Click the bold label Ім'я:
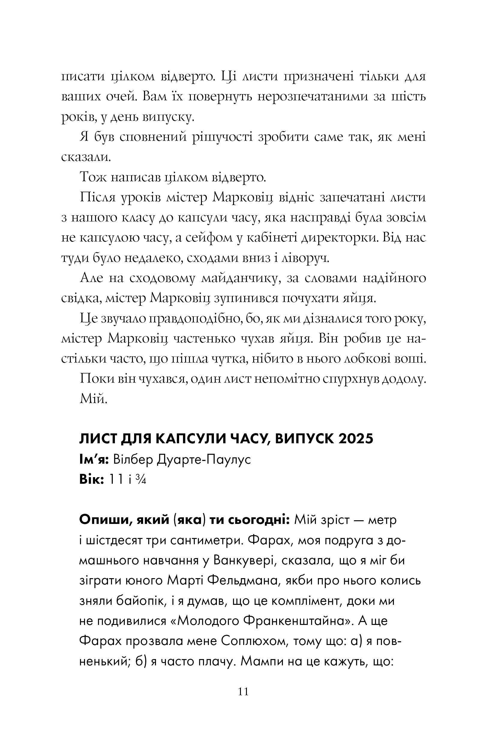point(94,459)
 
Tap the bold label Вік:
point(92,480)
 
